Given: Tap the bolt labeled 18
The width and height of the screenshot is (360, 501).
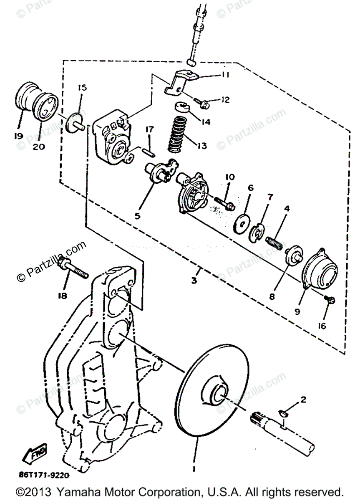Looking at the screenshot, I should click(x=74, y=269).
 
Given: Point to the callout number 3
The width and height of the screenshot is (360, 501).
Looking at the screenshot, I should click(x=194, y=281).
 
